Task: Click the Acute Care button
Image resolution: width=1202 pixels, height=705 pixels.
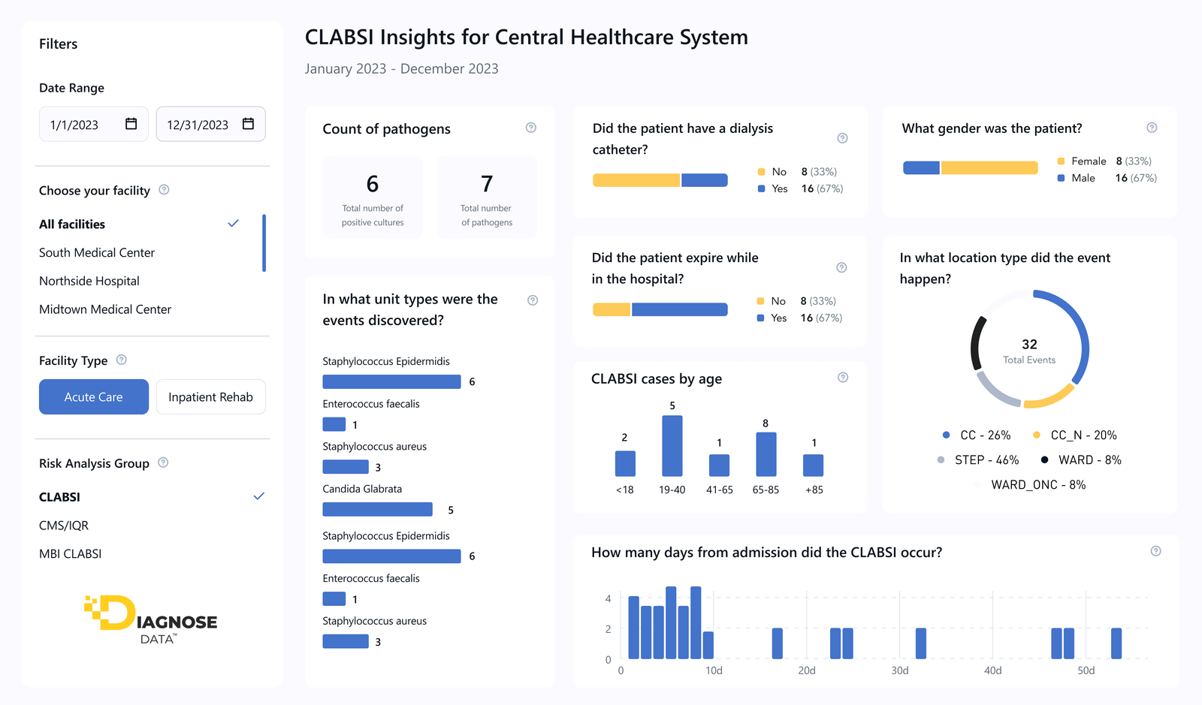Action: pyautogui.click(x=94, y=397)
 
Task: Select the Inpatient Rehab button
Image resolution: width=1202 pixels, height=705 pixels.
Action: pyautogui.click(x=210, y=397)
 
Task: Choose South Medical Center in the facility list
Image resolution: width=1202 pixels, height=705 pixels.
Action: pyautogui.click(x=97, y=253)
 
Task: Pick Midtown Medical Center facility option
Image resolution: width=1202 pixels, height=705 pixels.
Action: pyautogui.click(x=105, y=309)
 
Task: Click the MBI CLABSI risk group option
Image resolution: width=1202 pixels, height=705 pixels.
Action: pyautogui.click(x=70, y=554)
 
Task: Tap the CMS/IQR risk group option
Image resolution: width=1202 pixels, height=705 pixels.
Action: pyautogui.click(x=64, y=526)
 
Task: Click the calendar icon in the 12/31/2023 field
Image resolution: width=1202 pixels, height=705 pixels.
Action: pyautogui.click(x=248, y=124)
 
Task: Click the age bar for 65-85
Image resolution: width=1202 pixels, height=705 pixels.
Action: pyautogui.click(x=766, y=454)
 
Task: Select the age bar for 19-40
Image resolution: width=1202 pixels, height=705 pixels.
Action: pyautogui.click(x=672, y=446)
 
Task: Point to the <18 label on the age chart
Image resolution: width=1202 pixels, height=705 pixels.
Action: pyautogui.click(x=625, y=490)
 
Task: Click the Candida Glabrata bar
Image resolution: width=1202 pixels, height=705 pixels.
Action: pyautogui.click(x=377, y=510)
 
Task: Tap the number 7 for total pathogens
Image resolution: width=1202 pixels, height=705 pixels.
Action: pyautogui.click(x=487, y=184)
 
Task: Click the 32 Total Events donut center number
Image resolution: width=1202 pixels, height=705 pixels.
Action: pyautogui.click(x=1029, y=345)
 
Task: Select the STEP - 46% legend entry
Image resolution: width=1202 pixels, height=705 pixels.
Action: pyautogui.click(x=986, y=460)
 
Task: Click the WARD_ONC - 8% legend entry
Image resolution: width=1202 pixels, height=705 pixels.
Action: pyautogui.click(x=1037, y=485)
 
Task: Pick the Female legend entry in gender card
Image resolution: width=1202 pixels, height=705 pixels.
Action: pyautogui.click(x=1088, y=161)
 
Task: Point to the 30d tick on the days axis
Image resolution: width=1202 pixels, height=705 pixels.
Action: pyautogui.click(x=900, y=670)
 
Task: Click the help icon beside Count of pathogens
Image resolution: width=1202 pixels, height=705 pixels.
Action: pyautogui.click(x=531, y=128)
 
